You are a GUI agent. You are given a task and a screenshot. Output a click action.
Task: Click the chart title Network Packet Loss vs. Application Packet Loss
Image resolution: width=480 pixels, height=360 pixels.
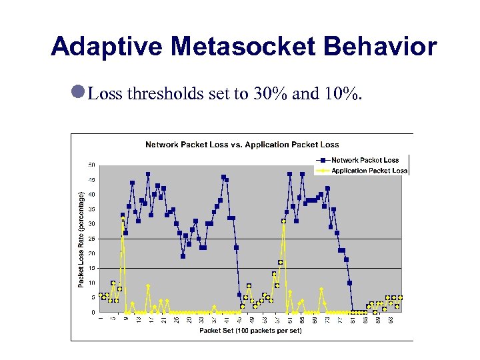pos(242,145)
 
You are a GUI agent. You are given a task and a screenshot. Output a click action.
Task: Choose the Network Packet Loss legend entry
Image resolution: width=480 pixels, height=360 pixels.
pos(365,160)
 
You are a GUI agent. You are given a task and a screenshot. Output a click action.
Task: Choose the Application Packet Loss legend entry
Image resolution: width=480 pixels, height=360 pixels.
pos(369,171)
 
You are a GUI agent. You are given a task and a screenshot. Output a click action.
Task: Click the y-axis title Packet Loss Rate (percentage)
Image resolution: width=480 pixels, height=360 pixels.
pos(81,239)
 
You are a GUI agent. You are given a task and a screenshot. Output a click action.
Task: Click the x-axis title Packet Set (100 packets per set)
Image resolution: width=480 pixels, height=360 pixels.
pos(250,331)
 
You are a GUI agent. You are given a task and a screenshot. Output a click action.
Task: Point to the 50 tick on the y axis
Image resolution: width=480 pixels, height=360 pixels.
pos(91,165)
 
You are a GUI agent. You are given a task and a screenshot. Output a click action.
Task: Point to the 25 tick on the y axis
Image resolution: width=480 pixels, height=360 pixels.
pos(91,239)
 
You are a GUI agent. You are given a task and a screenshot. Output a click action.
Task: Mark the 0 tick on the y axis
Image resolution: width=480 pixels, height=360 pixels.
pos(93,312)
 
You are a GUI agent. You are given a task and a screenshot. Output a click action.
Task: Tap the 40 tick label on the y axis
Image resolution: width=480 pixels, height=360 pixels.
pos(91,195)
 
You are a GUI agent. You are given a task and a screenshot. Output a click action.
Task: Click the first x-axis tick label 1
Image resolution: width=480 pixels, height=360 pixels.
pos(101,320)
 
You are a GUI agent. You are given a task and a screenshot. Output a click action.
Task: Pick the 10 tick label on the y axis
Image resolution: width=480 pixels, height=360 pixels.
pos(91,283)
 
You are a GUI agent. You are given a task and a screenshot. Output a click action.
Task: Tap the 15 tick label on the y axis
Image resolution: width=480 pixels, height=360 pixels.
pos(91,268)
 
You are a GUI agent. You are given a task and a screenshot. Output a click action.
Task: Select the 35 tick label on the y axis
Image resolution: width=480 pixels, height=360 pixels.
pos(91,209)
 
